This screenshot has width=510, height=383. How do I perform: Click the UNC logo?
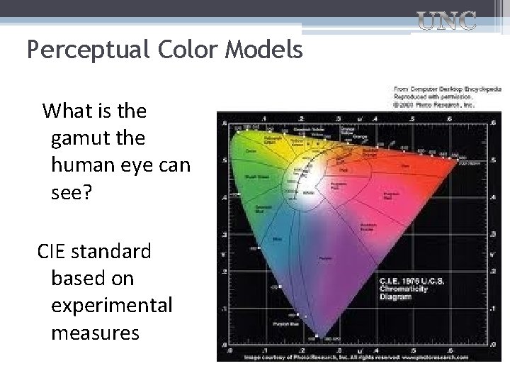446,21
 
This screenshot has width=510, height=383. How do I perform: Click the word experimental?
112,304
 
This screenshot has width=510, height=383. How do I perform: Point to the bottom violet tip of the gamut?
317,336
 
